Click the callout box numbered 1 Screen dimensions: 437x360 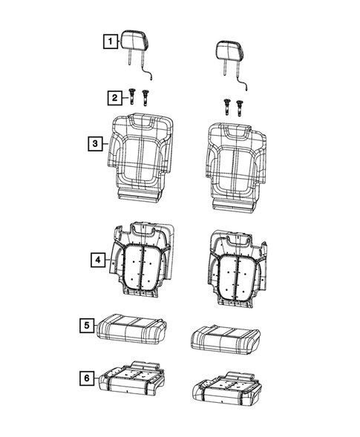pos(108,42)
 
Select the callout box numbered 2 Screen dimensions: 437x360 pos(114,97)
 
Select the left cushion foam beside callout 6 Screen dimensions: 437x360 pos(134,380)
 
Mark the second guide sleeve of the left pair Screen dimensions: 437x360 pos(145,98)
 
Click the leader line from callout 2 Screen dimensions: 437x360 pos(125,97)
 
